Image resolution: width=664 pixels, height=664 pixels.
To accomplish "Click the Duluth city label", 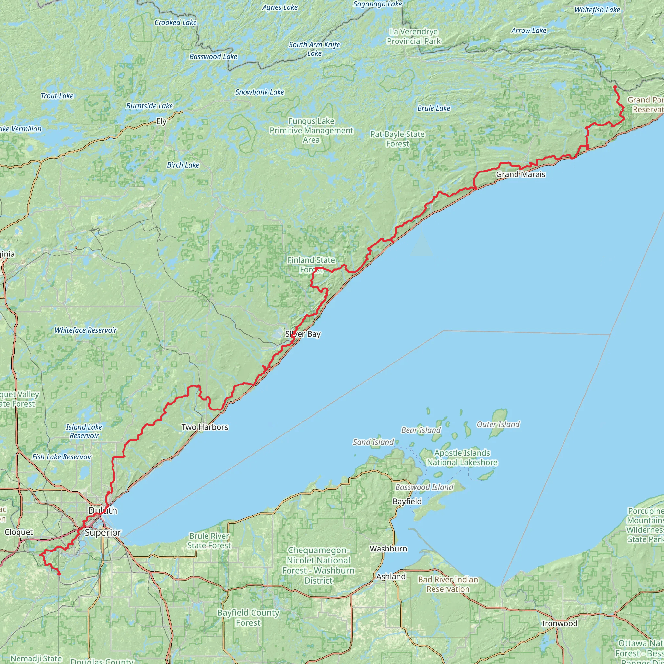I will [102, 510].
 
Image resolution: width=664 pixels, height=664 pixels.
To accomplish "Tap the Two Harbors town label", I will [205, 427].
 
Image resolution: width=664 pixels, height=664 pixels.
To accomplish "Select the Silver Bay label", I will [303, 334].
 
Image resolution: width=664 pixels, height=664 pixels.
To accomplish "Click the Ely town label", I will [161, 121].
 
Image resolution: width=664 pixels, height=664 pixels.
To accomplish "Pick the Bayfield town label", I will [407, 501].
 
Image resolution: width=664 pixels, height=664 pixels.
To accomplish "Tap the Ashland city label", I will [391, 576].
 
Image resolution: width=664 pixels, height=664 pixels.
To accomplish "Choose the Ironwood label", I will [560, 623].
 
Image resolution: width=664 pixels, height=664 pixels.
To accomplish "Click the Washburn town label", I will [388, 549].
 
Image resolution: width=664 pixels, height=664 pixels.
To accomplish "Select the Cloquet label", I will [19, 532].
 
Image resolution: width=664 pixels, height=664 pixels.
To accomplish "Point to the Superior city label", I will [103, 532].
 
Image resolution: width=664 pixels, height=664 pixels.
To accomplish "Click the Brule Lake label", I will [434, 108].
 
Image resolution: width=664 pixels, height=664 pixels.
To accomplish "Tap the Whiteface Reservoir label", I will [86, 330].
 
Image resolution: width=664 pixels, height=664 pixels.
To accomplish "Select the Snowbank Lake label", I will [260, 92].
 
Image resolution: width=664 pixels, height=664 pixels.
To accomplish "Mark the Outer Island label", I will [498, 424].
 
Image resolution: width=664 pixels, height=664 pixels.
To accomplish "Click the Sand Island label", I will [373, 442].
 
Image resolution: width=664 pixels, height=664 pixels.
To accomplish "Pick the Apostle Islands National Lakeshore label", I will [462, 457].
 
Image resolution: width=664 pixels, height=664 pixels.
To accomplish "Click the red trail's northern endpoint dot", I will [615, 87].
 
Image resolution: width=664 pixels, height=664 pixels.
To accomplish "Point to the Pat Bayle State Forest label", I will [397, 139].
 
